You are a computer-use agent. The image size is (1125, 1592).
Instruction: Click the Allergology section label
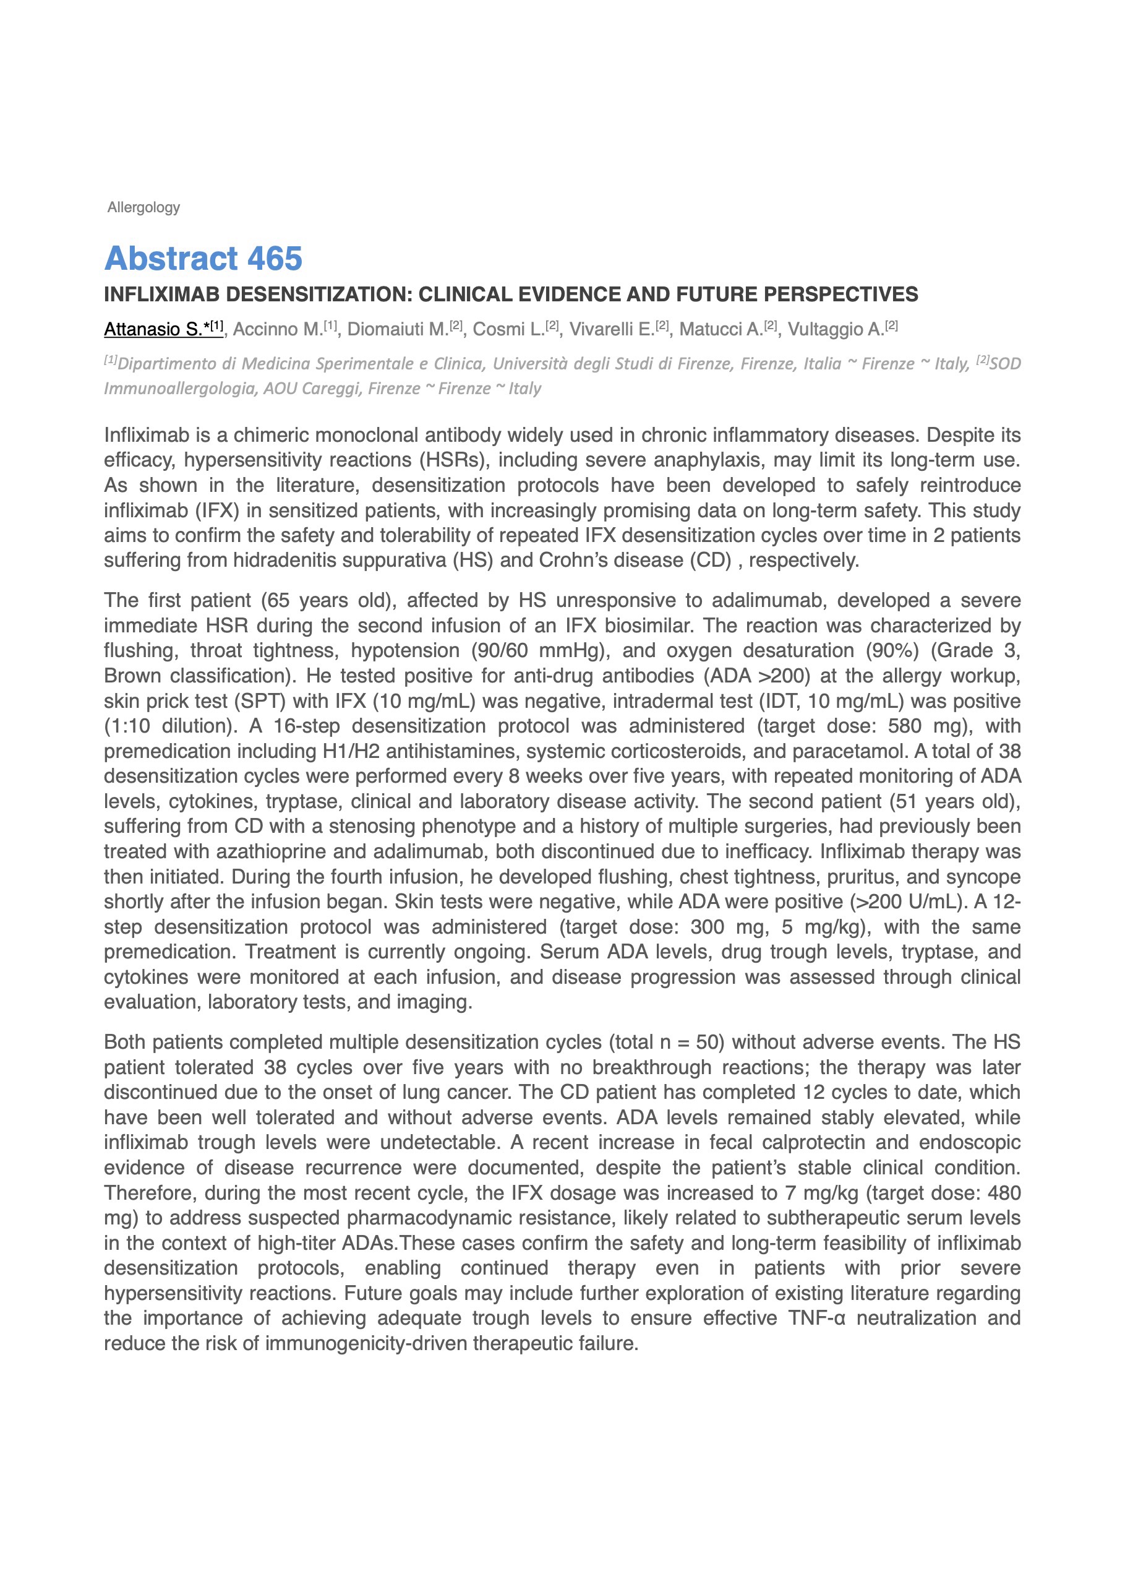tap(143, 207)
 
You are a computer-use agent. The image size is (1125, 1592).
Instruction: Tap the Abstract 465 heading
tap(203, 259)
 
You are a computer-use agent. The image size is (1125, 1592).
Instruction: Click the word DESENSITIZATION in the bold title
tap(320, 295)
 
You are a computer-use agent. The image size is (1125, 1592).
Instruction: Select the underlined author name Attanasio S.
tap(164, 329)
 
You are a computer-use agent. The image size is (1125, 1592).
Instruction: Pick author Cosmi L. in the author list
tap(509, 329)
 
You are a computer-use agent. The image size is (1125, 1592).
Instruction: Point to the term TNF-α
tap(816, 1317)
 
